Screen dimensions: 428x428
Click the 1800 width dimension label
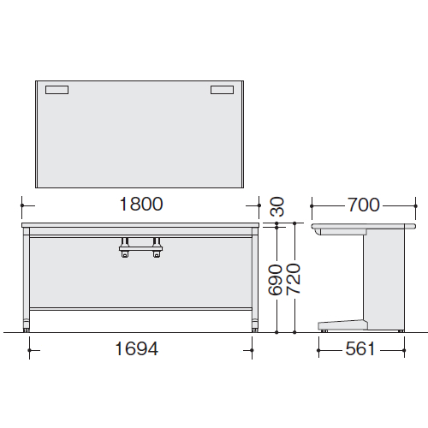point(141,205)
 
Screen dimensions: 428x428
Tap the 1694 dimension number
point(136,348)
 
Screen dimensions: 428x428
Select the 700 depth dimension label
point(364,205)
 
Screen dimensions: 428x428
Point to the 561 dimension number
point(360,349)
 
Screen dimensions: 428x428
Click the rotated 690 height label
point(276,280)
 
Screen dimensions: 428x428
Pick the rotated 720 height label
point(293,279)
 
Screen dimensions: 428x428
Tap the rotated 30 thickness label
point(276,206)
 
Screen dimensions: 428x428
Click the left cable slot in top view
point(56,90)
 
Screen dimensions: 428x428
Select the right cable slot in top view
point(222,90)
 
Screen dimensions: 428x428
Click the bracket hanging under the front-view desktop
point(140,247)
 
